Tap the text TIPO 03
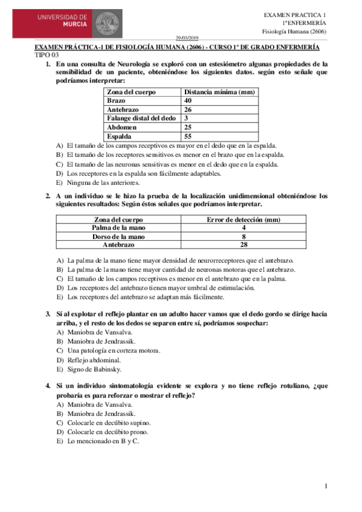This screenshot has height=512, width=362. point(47,55)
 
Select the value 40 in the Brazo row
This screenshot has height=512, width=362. point(188,100)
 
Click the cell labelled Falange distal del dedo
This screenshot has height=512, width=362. point(141,118)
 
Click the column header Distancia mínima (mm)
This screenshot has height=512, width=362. point(219,92)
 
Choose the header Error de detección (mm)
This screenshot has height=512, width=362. point(243,220)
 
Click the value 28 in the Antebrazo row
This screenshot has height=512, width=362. point(244,245)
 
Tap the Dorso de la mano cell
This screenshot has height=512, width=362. point(118,237)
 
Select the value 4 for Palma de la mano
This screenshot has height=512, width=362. point(244,228)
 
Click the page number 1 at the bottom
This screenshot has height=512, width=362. point(325,486)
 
